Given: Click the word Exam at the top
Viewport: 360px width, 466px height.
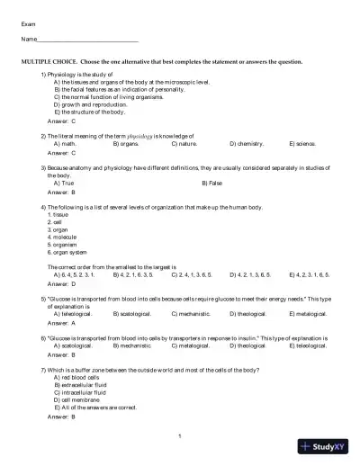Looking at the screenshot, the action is tap(28, 23).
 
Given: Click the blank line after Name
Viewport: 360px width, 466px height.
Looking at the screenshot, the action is tap(89, 41).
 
